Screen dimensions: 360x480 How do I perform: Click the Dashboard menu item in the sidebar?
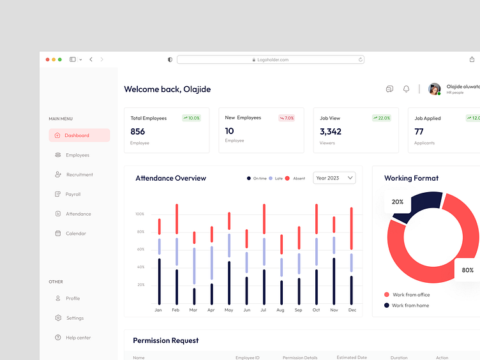79,135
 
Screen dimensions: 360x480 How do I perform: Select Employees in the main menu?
77,155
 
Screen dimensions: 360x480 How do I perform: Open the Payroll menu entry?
73,194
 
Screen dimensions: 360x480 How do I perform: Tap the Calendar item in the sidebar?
75,234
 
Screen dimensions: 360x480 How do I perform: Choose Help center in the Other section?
78,338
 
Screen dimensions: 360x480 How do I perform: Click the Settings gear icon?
58,318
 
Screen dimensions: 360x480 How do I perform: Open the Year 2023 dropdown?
334,178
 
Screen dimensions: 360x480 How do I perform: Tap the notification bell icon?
406,89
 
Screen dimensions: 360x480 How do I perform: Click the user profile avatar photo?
434,89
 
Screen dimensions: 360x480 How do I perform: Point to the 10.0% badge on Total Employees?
191,118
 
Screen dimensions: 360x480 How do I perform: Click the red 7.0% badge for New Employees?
286,118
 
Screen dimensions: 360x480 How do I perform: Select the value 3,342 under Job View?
331,131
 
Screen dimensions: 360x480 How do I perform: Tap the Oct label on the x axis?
316,310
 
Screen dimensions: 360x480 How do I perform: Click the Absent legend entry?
296,179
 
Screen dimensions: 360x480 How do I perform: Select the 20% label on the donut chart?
398,202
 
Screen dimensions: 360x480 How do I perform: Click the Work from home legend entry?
410,306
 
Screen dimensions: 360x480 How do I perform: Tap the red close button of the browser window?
47,59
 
